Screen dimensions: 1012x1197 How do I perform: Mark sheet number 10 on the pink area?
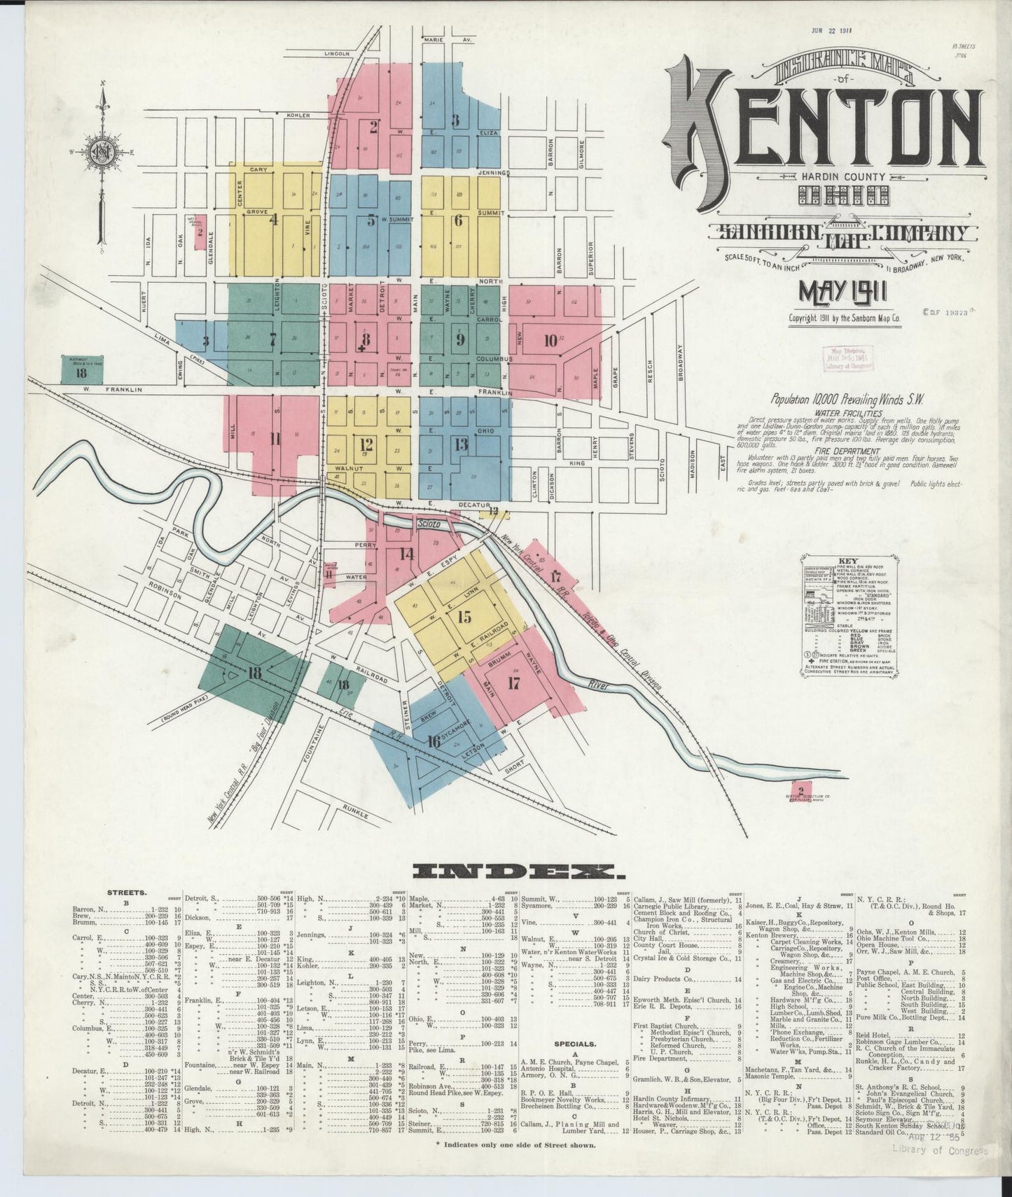pos(550,341)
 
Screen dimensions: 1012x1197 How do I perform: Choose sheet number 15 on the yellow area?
pos(464,617)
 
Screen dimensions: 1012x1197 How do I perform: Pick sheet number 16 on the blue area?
pos(434,741)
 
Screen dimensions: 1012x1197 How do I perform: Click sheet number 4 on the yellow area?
pos(274,220)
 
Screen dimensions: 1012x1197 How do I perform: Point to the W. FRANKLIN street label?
pos(112,389)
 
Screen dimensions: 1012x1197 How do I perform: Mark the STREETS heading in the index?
pos(126,892)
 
